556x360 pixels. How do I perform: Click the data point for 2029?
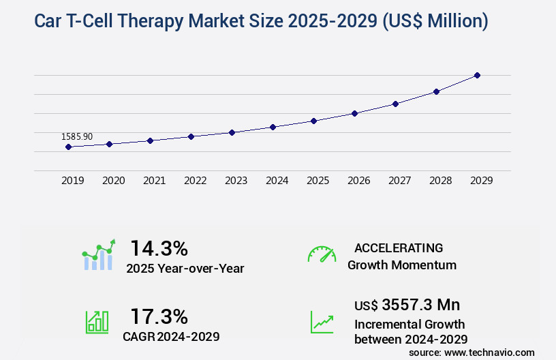[x=477, y=75]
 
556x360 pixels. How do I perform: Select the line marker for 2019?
[x=68, y=147]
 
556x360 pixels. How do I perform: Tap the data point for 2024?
[x=273, y=127]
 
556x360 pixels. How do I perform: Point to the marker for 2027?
[x=395, y=104]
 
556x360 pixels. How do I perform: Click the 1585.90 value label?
[x=76, y=136]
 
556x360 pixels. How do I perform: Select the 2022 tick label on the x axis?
[x=195, y=181]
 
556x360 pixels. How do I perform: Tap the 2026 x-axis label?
[x=358, y=181]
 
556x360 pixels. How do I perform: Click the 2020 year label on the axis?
[x=113, y=181]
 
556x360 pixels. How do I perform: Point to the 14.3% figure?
[x=159, y=248]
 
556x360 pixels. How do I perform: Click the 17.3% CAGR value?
[x=159, y=316]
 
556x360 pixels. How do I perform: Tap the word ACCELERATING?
[x=399, y=248]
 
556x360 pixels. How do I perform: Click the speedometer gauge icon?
[x=322, y=254]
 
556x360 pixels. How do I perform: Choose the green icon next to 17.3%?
[x=97, y=321]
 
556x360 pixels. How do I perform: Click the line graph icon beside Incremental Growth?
[x=322, y=321]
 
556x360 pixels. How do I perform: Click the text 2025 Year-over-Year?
[x=185, y=269]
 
